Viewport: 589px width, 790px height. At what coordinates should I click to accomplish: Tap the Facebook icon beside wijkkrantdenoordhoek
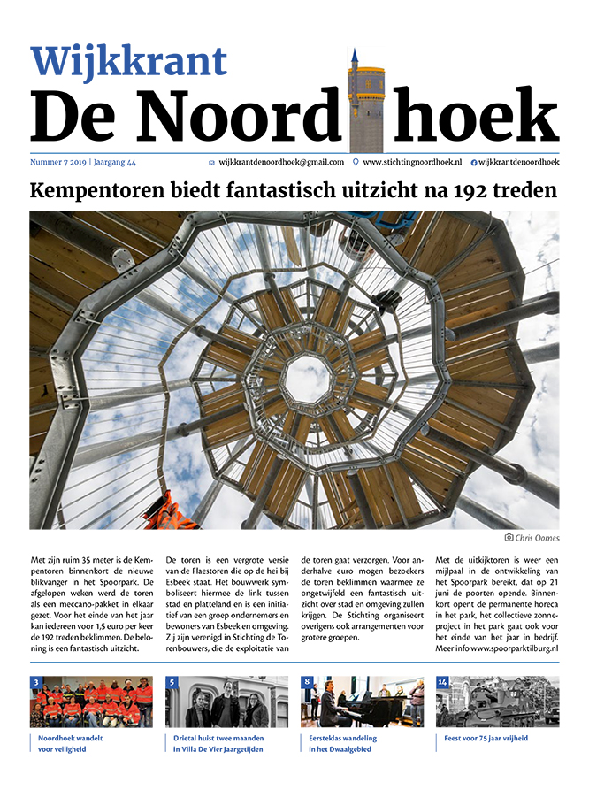tap(473, 163)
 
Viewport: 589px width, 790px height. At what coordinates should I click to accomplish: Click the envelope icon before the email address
tap(210, 163)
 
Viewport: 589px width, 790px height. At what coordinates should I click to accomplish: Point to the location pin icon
tap(356, 163)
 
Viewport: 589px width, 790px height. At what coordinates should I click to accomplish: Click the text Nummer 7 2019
tap(58, 163)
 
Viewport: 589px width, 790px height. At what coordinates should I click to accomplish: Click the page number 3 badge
tap(35, 682)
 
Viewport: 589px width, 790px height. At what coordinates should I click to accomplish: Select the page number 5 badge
tap(172, 682)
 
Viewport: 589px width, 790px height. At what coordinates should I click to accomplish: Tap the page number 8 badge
tap(306, 682)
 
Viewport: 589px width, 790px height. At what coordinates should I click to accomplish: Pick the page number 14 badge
tap(443, 682)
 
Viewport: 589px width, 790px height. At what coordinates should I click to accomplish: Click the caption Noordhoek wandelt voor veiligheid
tap(71, 743)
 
